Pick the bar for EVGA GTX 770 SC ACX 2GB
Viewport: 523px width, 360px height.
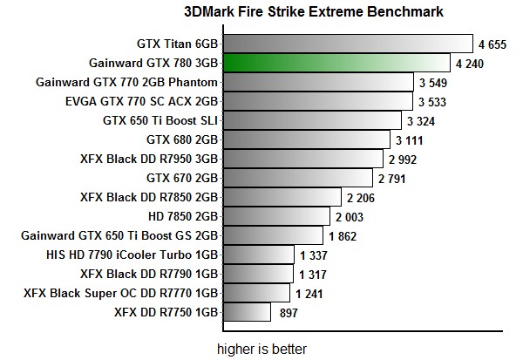tap(317, 101)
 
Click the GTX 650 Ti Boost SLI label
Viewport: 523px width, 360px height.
tap(160, 120)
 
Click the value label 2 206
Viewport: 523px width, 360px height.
tap(362, 197)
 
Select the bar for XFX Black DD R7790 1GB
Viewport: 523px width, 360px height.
tap(259, 273)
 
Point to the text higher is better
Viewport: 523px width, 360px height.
tap(261, 349)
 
